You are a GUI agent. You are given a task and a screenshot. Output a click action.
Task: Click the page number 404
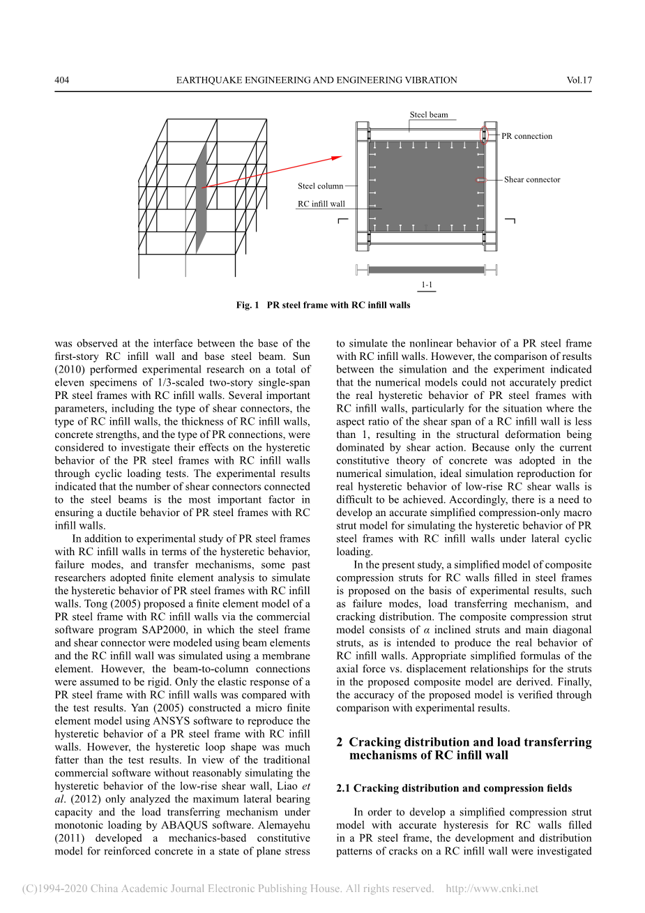pos(62,80)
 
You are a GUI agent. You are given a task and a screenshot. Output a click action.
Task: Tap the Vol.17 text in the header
pos(579,80)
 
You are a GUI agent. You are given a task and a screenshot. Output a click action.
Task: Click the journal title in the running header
pos(317,80)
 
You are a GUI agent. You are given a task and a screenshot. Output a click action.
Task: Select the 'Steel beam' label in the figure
pos(429,115)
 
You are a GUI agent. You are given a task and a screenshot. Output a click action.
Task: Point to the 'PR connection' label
pos(526,136)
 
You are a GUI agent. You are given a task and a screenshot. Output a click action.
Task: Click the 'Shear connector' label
pos(532,179)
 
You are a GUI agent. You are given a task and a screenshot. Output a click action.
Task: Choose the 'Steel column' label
pos(320,186)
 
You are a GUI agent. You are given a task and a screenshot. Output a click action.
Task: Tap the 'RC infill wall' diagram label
pos(321,204)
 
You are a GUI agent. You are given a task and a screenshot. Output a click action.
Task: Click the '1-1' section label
pos(427,285)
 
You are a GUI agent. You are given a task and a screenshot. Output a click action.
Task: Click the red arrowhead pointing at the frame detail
pos(337,158)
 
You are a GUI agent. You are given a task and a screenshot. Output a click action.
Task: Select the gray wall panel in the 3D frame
pos(201,199)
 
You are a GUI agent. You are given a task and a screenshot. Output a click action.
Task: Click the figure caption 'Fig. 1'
pos(248,305)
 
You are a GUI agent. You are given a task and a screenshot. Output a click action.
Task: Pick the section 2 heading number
pos(340,742)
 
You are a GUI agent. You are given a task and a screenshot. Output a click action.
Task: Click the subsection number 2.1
pos(344,788)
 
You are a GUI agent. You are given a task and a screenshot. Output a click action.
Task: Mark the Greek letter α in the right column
pos(426,630)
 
